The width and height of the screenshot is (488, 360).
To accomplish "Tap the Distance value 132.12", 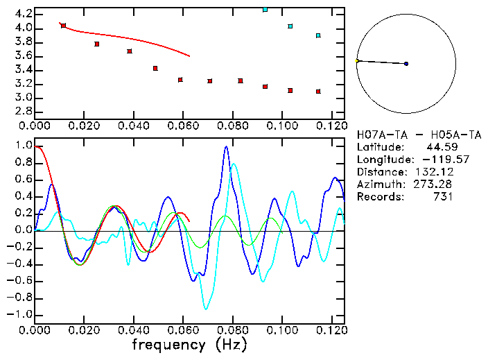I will (x=433, y=172).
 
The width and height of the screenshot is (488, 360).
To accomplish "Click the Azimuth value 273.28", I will (x=433, y=185).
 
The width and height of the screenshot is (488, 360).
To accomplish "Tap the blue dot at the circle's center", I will (x=406, y=64).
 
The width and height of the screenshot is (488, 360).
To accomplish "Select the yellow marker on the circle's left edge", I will (x=357, y=61).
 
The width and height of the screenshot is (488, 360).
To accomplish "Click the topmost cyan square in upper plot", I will (x=265, y=10).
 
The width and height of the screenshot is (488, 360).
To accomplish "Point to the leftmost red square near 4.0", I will (x=64, y=26).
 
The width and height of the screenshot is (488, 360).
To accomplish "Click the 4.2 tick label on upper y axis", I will (x=23, y=14).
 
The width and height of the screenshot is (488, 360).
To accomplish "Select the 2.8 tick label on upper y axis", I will (x=23, y=111).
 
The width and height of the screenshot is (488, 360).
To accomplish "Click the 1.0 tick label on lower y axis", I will (x=23, y=146).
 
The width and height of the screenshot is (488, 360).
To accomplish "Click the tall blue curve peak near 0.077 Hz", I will (x=226, y=147).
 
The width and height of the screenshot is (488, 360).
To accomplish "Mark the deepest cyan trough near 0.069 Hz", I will (x=206, y=309).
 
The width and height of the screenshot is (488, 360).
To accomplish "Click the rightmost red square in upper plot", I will (x=318, y=92).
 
